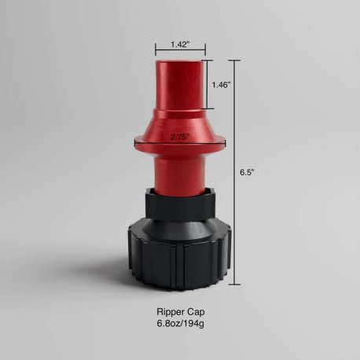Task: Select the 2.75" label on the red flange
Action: [x=180, y=135]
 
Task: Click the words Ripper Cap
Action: [x=180, y=312]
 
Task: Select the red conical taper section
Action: [x=180, y=123]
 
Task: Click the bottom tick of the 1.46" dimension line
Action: [x=208, y=108]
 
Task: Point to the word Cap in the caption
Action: [x=196, y=312]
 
